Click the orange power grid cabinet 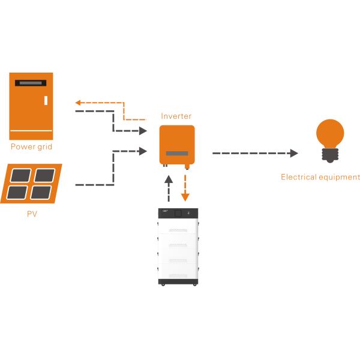tap(31, 106)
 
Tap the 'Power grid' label tap(31, 146)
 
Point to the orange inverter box tap(176, 145)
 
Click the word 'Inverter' tap(176, 116)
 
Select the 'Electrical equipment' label tap(320, 177)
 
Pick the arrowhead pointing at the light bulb tap(293, 153)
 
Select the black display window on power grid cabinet tap(31, 82)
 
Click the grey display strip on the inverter tap(176, 154)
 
